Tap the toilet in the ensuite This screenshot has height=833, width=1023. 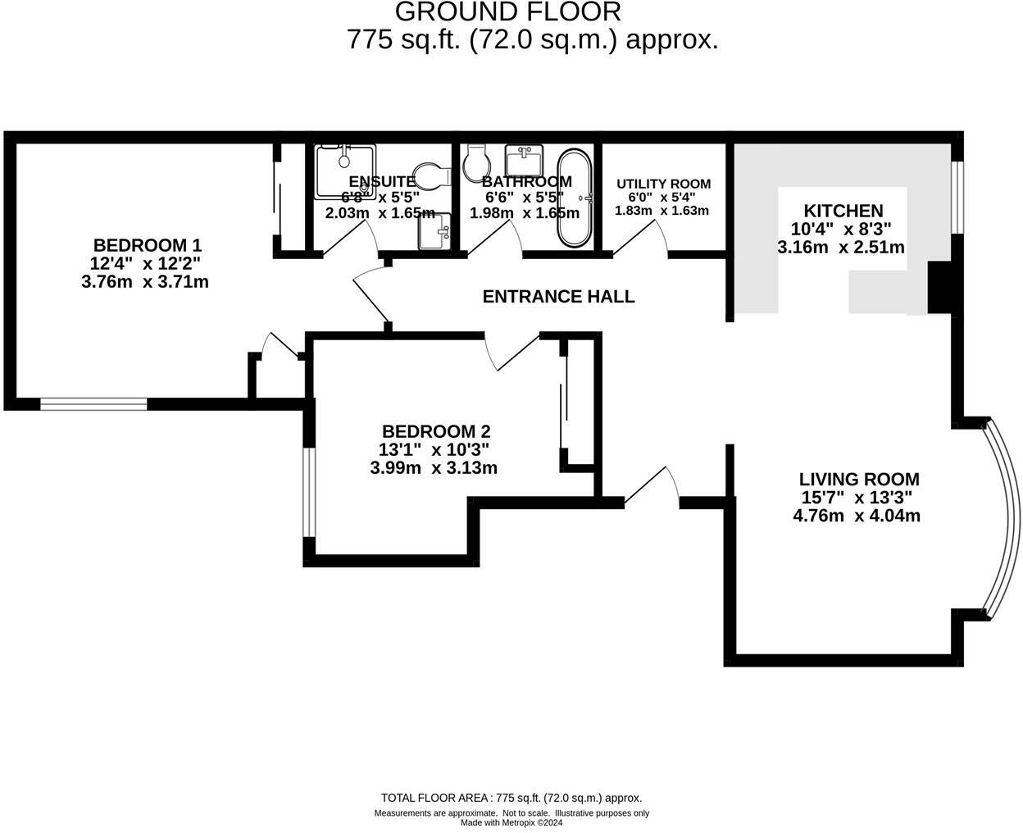pos(432,175)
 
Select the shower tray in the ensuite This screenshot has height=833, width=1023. pos(345,171)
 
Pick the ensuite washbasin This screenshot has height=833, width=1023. pos(434,232)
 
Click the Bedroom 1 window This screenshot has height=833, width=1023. pos(93,403)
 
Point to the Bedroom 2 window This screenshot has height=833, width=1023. pos(309,492)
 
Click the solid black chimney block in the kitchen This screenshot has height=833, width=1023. pos(939,288)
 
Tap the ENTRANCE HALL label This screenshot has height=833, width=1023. pos(558,297)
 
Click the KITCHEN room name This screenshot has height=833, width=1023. pos(843,211)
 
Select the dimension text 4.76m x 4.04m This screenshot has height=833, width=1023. pos(857,516)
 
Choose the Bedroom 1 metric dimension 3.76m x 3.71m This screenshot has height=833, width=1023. pos(145,282)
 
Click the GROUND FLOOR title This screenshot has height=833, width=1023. pos(508,12)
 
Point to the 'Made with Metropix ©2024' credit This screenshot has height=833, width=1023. pos(511,823)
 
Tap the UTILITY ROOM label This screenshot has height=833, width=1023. pos(663,184)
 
